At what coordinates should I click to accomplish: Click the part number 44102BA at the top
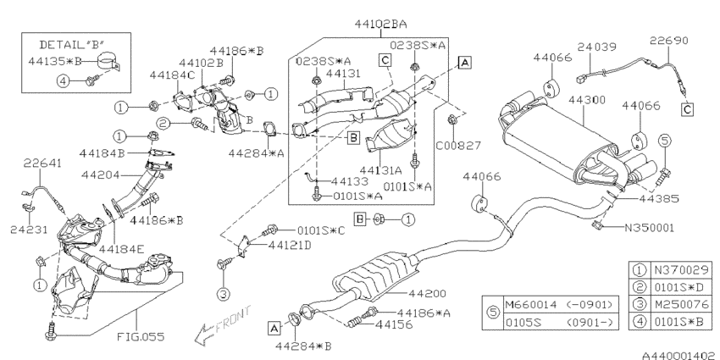point(380,24)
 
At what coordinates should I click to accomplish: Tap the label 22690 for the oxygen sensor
point(669,41)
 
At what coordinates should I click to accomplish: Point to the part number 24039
point(597,47)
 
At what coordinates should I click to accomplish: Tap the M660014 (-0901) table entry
point(559,305)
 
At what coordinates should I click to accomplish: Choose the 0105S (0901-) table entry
point(559,323)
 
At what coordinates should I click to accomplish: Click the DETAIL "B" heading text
point(72,45)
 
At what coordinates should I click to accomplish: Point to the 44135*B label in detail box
point(56,61)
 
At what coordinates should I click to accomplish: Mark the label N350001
point(649,227)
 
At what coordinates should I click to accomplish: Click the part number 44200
point(427,293)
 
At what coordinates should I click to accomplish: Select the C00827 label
point(457,146)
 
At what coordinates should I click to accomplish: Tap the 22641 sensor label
point(42,163)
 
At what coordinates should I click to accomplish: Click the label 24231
point(29,230)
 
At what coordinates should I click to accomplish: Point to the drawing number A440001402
point(679,355)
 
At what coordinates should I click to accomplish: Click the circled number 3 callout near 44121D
point(223,294)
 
